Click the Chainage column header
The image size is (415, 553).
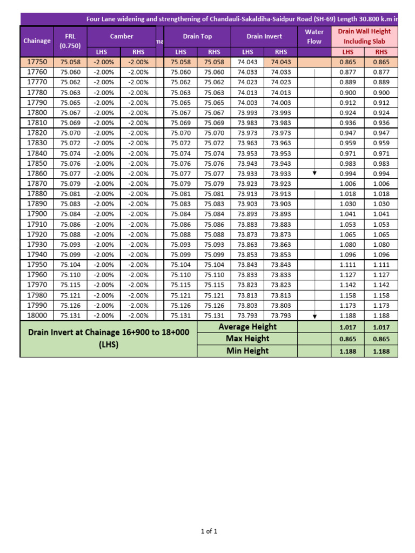(37, 41)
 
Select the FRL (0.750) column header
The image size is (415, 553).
(70, 41)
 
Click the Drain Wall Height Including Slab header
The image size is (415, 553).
(364, 36)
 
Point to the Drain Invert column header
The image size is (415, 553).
(264, 36)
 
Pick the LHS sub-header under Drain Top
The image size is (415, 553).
(180, 52)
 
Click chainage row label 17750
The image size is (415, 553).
(37, 62)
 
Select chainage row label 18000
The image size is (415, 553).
(37, 315)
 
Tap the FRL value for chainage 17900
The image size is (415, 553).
(70, 214)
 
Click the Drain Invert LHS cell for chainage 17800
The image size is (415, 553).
(247, 113)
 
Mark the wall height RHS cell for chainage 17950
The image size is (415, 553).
(381, 265)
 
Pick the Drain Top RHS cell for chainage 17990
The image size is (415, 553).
(214, 305)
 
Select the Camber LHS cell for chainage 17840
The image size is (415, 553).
(103, 153)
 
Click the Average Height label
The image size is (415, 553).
(247, 327)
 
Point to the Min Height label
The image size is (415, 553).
(247, 351)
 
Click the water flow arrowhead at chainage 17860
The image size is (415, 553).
(314, 173)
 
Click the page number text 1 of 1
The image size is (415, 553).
(209, 531)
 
